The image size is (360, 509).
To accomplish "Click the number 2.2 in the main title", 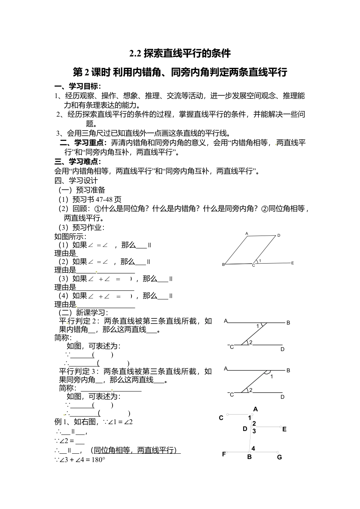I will point(135,53).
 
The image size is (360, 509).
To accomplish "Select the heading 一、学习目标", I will point(78,86).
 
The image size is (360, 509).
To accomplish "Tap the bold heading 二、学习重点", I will point(83,143).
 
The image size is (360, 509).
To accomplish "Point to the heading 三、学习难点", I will point(78,162).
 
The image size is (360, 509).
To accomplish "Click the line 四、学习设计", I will point(76,181).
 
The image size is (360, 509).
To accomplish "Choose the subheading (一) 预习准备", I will point(82,190).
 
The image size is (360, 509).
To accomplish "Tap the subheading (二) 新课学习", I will point(83,312).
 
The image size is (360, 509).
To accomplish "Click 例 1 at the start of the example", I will point(61,422).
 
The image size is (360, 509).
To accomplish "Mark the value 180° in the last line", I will point(98,460).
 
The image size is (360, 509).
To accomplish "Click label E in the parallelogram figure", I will point(293,263).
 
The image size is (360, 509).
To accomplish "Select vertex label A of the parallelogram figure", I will point(247,234).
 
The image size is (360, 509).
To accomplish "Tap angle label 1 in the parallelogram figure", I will point(260,261).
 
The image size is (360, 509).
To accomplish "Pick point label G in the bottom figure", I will point(279,457).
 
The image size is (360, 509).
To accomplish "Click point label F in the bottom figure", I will point(224,454).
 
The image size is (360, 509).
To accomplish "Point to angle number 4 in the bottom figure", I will point(253,449).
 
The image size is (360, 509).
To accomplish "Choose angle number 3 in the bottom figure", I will point(254,431).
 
